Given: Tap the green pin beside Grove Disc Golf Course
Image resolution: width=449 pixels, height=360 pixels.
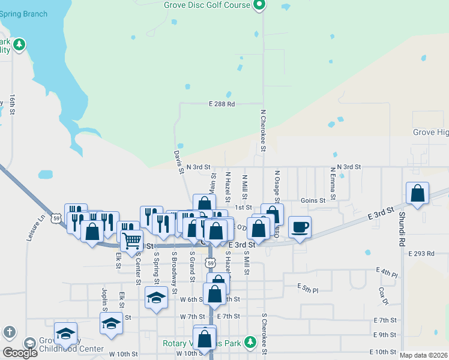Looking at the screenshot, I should pos(259,5).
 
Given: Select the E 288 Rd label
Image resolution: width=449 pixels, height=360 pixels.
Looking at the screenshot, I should pos(221,104).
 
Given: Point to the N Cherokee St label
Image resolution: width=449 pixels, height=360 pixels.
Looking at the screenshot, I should pos(263,130).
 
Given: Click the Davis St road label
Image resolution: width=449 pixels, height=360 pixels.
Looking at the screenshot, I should pos(179,162).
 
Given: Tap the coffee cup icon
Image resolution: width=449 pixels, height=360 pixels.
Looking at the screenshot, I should pos(300,227).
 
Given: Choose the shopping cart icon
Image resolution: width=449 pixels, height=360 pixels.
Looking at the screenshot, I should pos(131,241).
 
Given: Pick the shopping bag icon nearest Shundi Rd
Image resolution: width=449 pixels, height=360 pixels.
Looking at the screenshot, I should pos(418,194).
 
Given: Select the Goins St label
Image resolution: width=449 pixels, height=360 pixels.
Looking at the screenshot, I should pos(313,200).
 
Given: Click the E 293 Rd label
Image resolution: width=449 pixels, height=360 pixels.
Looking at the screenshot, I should pos(421,254).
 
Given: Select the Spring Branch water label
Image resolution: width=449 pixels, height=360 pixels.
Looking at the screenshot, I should pos(23,14).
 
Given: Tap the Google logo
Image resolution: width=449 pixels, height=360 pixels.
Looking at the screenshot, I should pos(20,353).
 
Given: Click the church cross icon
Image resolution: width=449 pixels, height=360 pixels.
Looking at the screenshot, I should pos(8,332).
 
